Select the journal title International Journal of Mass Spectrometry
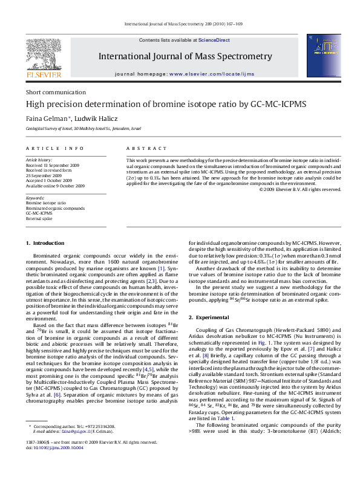click(185, 57)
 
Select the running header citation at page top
click(180, 24)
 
